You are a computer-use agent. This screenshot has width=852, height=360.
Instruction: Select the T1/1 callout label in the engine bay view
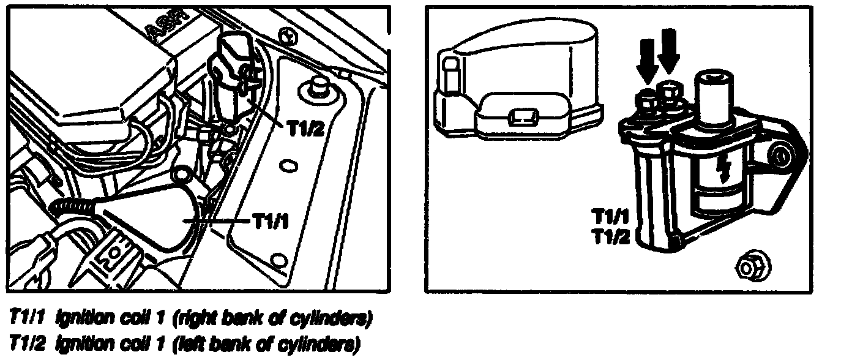pyautogui.click(x=271, y=221)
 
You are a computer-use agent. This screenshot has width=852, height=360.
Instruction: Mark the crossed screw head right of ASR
pyautogui.click(x=287, y=35)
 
